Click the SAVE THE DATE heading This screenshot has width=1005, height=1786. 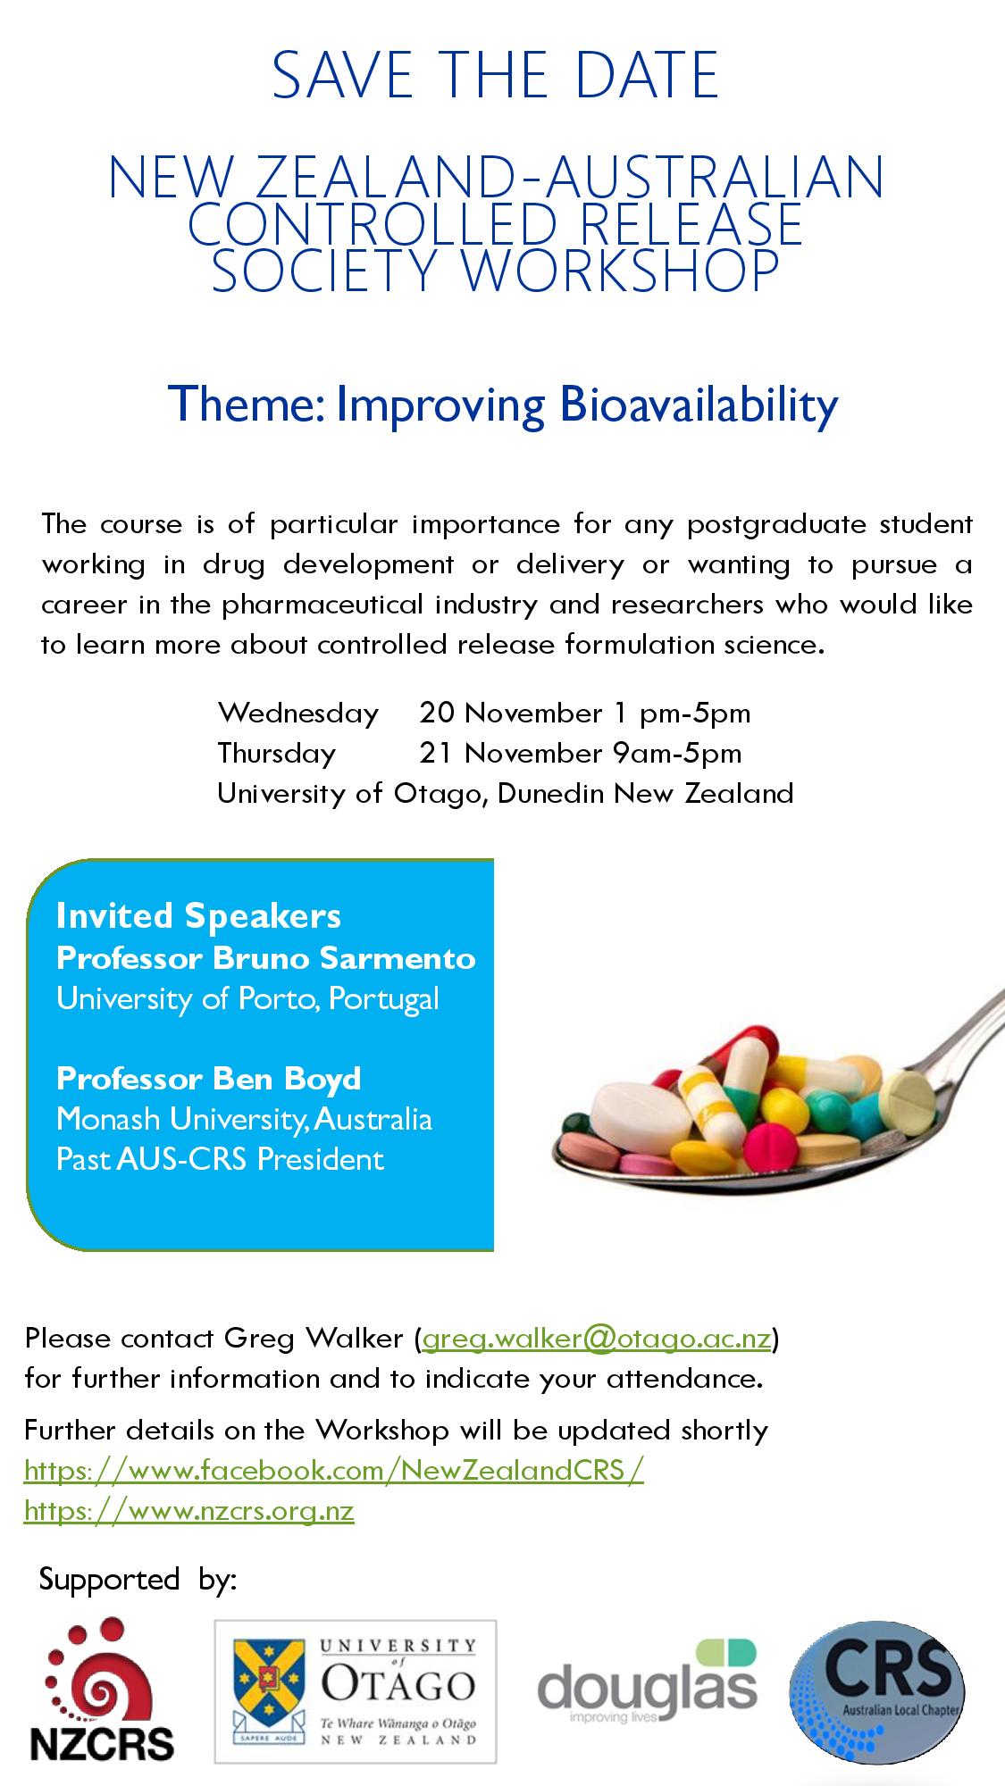496,75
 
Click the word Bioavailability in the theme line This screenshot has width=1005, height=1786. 699,405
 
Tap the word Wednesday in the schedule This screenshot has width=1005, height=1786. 298,714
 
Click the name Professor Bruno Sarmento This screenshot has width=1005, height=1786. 266,958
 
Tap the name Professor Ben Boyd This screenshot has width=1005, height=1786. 209,1079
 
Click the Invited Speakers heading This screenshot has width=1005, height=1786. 198,915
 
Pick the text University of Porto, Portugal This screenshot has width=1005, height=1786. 247,998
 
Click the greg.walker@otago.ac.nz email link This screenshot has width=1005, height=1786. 597,1339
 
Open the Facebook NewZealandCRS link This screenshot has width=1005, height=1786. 334,1470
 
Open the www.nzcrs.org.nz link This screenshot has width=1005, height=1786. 189,1511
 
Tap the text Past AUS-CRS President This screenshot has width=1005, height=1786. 220,1159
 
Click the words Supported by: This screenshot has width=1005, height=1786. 138,1580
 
